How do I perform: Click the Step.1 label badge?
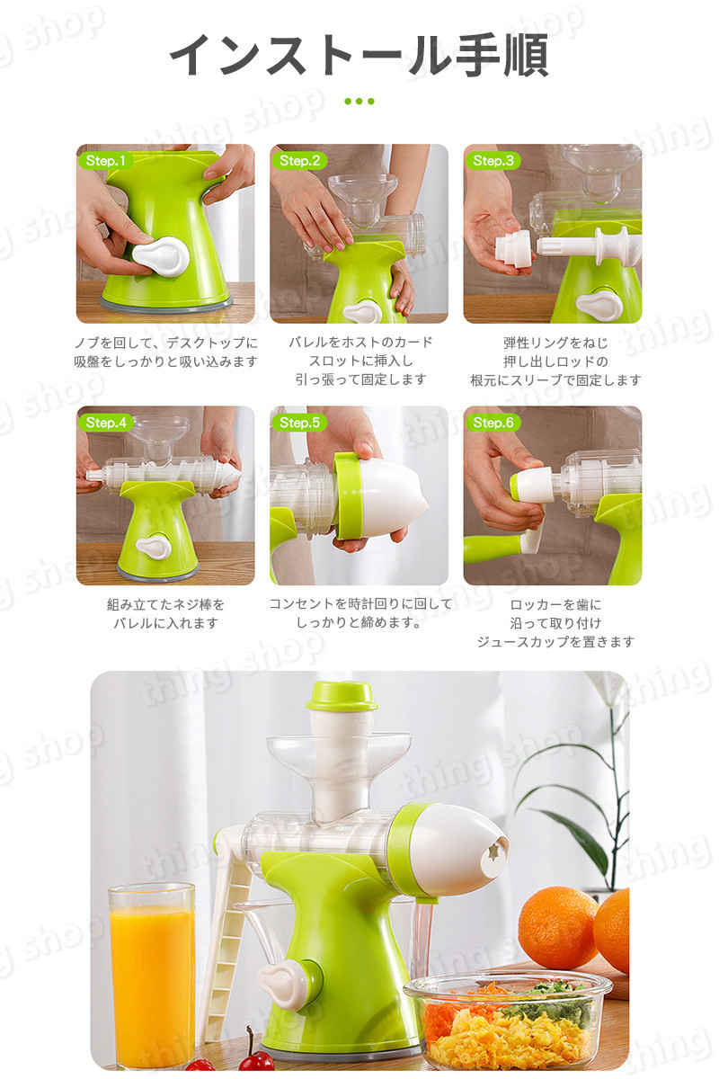point(105,160)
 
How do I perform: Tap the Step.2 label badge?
point(299,160)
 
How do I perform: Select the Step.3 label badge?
point(493,160)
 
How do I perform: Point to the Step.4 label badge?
point(106,423)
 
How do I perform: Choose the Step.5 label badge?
point(299,423)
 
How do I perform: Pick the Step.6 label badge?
point(493,423)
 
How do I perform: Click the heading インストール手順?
point(359,56)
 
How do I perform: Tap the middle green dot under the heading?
point(359,101)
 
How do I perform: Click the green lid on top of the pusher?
point(342,696)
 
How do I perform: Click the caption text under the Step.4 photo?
point(165,613)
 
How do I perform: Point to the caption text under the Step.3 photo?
point(555,361)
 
